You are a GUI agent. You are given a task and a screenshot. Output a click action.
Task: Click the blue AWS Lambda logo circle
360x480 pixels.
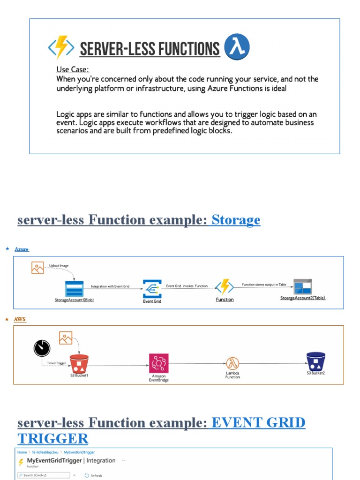237,47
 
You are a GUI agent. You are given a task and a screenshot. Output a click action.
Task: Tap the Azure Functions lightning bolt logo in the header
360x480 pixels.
61,47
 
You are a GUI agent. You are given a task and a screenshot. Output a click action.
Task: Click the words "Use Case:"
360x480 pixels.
73,69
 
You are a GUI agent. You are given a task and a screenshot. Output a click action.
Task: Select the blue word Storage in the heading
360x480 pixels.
236,219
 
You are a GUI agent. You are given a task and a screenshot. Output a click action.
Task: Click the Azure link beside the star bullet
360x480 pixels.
22,249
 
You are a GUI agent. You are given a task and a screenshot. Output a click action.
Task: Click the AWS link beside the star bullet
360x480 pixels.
20,319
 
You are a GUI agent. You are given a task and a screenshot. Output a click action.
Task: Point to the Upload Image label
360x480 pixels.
59,266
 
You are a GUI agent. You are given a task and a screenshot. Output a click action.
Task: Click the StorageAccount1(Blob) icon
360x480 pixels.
74,288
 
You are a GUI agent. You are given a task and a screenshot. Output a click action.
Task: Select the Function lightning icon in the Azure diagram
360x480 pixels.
225,287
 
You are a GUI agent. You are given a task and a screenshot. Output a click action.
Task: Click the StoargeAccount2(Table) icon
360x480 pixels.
302,287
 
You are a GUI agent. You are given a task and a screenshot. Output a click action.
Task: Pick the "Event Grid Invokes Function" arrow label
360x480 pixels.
187,285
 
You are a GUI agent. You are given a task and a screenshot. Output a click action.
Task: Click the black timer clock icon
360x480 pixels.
42,347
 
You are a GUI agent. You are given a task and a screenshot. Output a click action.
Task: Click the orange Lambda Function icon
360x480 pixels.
232,363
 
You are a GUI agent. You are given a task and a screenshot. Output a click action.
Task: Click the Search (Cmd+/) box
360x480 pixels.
43,475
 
